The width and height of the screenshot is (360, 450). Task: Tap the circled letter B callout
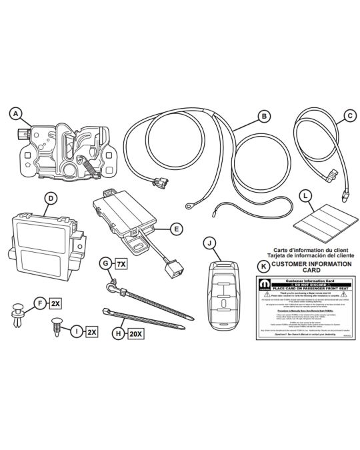pyautogui.click(x=265, y=117)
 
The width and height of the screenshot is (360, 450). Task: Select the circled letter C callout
pyautogui.click(x=349, y=115)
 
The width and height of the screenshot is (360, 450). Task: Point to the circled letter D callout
pyautogui.click(x=49, y=198)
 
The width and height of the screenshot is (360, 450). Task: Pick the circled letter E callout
pyautogui.click(x=175, y=229)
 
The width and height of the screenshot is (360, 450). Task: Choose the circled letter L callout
pyautogui.click(x=305, y=196)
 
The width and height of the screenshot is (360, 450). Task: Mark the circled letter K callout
pyautogui.click(x=263, y=265)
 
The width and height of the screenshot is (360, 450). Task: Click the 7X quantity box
pyautogui.click(x=121, y=264)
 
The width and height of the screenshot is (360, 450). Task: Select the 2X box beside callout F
pyautogui.click(x=55, y=303)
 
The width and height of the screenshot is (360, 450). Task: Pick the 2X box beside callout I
pyautogui.click(x=91, y=331)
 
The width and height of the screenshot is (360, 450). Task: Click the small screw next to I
pyautogui.click(x=58, y=327)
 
